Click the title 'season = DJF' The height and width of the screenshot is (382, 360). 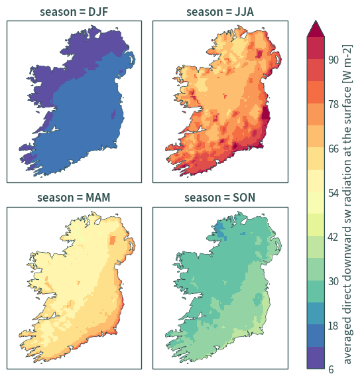pos(74,12)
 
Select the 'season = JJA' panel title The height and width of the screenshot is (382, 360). pos(220,12)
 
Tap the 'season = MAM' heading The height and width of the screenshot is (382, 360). pos(74,198)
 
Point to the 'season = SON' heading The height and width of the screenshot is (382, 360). pos(219,198)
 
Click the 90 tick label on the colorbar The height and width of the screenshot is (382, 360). pos(333,60)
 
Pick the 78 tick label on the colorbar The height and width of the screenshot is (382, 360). pos(333,104)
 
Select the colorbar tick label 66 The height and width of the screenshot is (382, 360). pos(333,149)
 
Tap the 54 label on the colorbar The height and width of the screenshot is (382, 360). pos(333,193)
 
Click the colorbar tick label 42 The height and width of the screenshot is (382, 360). pos(333,237)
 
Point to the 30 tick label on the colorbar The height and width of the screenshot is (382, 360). pos(333,281)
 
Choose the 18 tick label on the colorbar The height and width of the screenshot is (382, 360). pos(333,326)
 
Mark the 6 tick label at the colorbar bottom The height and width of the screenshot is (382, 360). pos(331,369)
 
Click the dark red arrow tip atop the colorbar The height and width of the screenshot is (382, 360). pos(316,21)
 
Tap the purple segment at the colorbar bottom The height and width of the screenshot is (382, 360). pos(316,357)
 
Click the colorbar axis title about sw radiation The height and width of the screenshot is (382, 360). pos(347,204)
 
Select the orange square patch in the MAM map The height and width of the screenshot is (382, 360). pos(113,240)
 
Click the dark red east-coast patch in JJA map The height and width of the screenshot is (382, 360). pos(265,113)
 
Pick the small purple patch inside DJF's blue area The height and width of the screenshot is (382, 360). pos(113,114)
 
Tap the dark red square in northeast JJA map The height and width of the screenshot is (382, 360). pos(259,54)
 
